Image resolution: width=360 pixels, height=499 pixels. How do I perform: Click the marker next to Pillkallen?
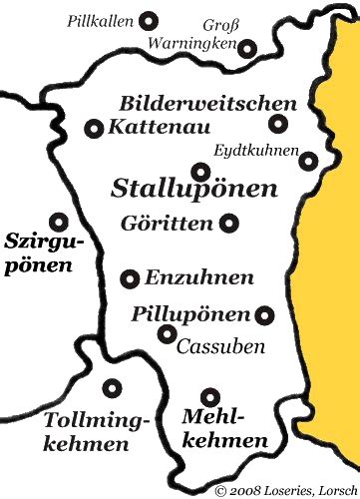coord(150,20)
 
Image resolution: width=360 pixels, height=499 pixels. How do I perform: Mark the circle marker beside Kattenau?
coord(95,128)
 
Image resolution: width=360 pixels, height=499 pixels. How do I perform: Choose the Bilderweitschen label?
coord(207,104)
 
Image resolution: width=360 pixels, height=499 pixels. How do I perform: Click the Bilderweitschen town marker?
coord(278,125)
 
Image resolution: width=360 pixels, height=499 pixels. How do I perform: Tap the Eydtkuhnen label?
coord(256,150)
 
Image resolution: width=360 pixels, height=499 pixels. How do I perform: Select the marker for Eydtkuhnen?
coord(309,161)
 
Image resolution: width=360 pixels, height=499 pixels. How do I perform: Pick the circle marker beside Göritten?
coord(229,224)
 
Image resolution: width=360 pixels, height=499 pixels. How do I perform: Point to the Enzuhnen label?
coord(199,278)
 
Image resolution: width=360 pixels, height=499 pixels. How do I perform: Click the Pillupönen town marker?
coord(264,315)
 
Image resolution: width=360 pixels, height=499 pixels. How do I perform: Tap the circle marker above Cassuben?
coord(168,333)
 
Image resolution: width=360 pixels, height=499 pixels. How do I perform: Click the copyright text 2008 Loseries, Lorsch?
coord(284,490)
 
